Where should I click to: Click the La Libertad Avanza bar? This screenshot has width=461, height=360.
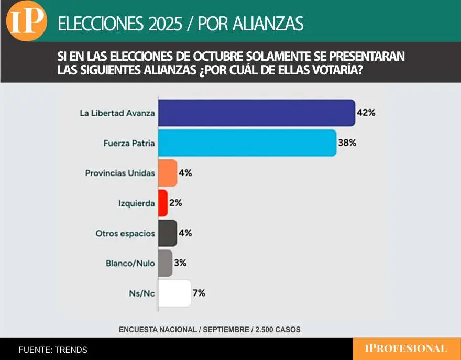coord(256,113)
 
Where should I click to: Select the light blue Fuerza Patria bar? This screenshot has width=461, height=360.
coord(247,143)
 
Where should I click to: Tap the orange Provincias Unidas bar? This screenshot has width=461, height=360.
coord(168,173)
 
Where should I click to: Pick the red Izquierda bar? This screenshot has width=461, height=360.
coord(163,203)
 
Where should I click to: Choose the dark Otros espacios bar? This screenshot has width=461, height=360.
coord(168,233)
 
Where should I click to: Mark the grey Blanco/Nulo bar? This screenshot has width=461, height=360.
coord(165,263)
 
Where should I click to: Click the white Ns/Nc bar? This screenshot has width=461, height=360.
coord(174,293)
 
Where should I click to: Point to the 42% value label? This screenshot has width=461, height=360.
coord(367,113)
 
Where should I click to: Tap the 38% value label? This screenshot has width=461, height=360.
coord(347,143)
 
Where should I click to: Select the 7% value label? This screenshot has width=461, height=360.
coord(199,293)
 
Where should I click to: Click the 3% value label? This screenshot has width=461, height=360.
coord(180,263)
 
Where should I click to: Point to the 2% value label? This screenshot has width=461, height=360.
coord(175,203)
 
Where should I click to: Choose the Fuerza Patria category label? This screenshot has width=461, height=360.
coord(122,143)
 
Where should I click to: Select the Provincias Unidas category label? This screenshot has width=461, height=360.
coord(120,173)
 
